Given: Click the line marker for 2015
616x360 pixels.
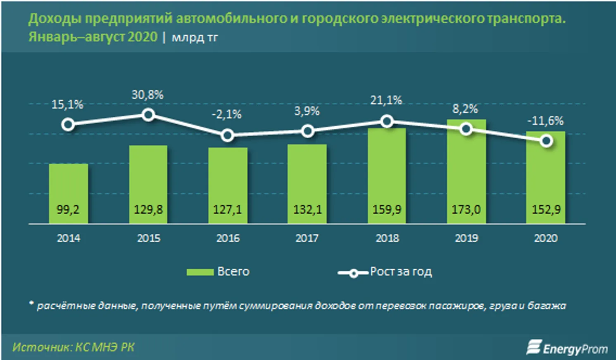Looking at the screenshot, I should [x=148, y=115].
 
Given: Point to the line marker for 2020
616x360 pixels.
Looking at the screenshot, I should [x=546, y=141].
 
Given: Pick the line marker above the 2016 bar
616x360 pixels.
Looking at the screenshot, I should [x=227, y=135].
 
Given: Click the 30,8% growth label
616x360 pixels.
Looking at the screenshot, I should [x=147, y=95].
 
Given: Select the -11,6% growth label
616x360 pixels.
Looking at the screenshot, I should [x=545, y=121].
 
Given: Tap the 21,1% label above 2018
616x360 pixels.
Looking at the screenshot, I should [x=386, y=100].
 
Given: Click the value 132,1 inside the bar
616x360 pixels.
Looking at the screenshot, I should [x=307, y=210].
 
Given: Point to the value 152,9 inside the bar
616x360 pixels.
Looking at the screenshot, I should [x=546, y=210].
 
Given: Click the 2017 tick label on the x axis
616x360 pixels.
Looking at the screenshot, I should [x=307, y=238].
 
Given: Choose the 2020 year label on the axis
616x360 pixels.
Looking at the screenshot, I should [x=546, y=238].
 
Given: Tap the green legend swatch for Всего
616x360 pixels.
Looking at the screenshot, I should [x=200, y=272].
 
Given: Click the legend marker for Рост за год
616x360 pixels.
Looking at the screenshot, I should [x=353, y=273].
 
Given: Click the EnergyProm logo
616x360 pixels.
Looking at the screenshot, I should [x=567, y=348].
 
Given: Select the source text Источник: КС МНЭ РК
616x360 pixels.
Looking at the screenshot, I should [x=73, y=347].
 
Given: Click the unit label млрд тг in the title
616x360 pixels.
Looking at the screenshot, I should [x=195, y=38].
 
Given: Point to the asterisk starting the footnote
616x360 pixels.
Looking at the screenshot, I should [x=31, y=304].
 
